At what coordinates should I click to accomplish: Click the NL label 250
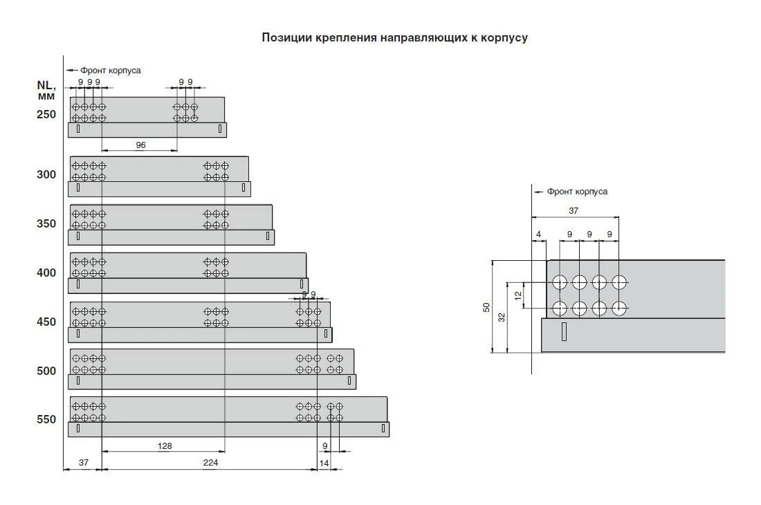[x=46, y=114]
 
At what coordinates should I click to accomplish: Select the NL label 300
[x=46, y=174]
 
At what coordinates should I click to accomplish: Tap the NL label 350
[x=46, y=223]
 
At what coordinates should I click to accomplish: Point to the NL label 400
[x=46, y=273]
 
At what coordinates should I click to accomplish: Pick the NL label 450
[x=46, y=322]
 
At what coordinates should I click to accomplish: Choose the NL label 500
[x=46, y=371]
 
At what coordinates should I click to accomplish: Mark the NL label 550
[x=46, y=419]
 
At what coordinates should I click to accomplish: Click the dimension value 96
[x=140, y=145]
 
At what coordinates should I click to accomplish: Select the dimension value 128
[x=165, y=446]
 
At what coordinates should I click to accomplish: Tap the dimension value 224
[x=210, y=462]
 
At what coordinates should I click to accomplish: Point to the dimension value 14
[x=324, y=463]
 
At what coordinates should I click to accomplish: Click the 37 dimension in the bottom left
[x=84, y=462]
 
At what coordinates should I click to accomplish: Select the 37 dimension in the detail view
[x=574, y=210]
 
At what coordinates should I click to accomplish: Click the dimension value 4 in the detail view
[x=539, y=235]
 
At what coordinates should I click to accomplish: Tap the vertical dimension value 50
[x=486, y=307]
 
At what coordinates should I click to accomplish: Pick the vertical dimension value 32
[x=502, y=318]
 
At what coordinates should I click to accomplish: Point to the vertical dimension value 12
[x=518, y=295]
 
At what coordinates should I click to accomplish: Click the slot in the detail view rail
[x=564, y=331]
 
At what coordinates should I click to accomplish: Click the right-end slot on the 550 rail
[x=383, y=428]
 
